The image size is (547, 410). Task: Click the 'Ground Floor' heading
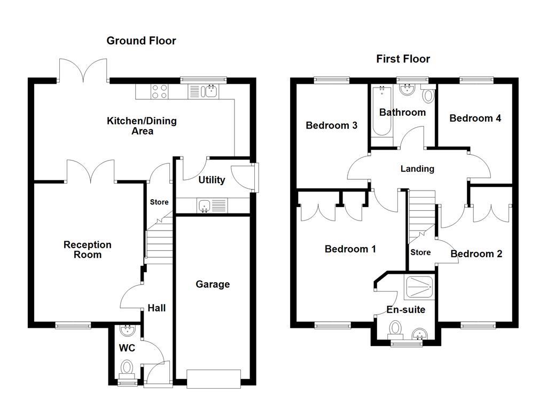pos(141,41)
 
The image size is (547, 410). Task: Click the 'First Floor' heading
pos(403,59)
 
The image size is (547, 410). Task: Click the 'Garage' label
pos(213,284)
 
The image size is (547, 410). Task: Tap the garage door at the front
pos(214,379)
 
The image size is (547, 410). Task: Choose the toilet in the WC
pos(127,368)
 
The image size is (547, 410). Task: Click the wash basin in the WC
pos(127,332)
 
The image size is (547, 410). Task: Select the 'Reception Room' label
pos(88,249)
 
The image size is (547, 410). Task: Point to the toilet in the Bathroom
pos(428,96)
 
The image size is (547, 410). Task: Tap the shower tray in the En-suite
pos(420,287)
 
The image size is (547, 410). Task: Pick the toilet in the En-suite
pos(395,327)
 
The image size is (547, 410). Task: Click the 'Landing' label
pos(417,169)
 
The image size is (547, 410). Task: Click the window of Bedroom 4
pos(475,80)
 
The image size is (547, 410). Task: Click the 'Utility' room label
pos(212,180)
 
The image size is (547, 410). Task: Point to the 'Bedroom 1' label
pos(350,249)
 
